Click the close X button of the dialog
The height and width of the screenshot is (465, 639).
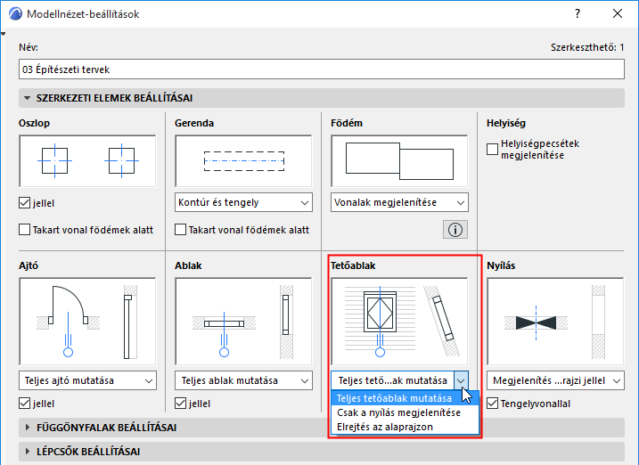618,14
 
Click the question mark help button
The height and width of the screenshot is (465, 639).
578,14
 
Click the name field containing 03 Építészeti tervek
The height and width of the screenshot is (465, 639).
322,69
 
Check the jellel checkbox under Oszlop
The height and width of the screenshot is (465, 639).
24,203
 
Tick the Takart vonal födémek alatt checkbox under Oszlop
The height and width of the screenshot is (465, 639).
24,230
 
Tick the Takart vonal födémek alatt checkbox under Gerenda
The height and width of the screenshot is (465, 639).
180,230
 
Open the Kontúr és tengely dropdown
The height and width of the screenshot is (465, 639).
243,202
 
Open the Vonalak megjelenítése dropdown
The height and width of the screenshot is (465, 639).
399,202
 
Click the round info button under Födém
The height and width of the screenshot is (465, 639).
455,230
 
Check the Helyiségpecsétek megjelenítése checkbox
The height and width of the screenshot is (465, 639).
492,149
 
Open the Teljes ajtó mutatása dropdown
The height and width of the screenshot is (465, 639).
87,380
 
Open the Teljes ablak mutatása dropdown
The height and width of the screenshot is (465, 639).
243,380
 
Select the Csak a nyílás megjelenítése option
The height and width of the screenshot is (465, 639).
398,412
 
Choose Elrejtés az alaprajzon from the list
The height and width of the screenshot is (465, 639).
385,427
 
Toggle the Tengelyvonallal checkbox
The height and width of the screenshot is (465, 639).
492,404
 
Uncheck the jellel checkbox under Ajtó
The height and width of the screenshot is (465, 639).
24,404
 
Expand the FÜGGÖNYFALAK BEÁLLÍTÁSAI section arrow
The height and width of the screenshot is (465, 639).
28,428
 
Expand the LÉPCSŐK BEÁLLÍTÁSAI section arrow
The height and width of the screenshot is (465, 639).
28,452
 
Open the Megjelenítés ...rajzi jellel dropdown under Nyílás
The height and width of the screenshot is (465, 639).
555,380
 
